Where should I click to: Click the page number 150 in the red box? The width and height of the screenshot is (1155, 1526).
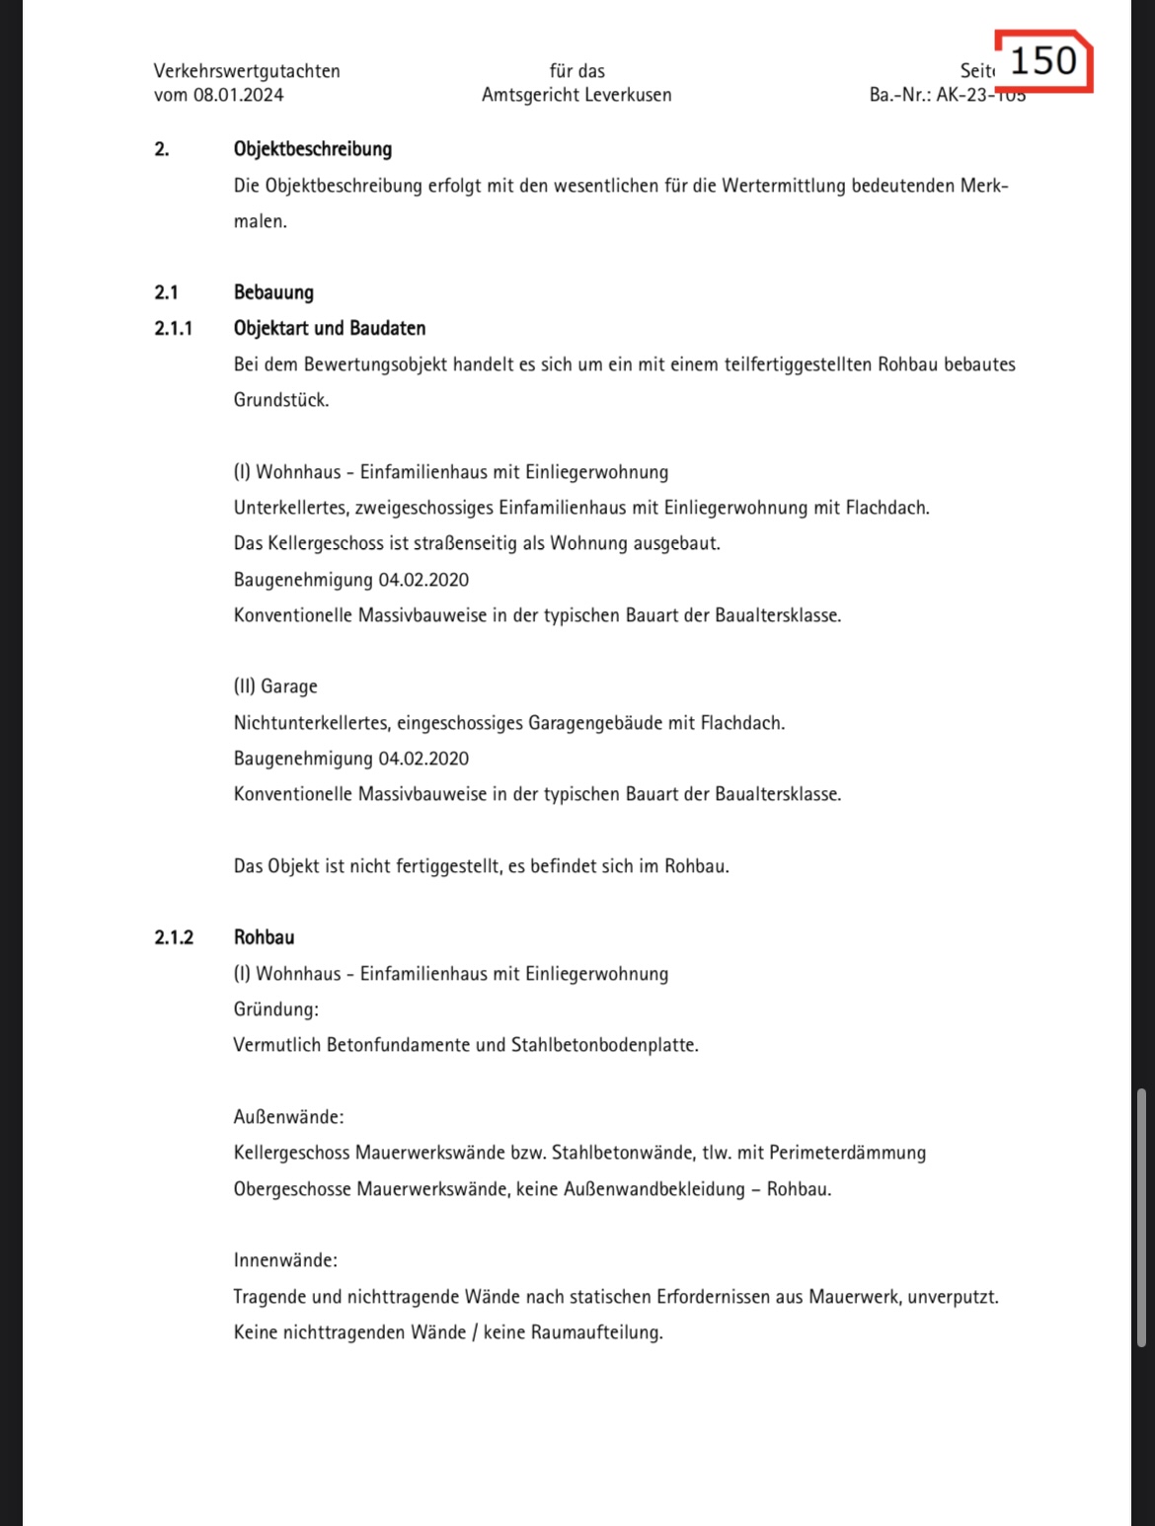[1043, 61]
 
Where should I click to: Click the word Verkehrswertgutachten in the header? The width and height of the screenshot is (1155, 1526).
[247, 71]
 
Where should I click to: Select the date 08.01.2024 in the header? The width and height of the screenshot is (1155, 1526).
[238, 95]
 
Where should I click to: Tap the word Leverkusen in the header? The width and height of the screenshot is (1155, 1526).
[628, 95]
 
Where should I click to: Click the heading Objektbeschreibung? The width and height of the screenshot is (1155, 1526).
[312, 149]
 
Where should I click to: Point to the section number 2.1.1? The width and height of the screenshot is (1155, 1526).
[174, 328]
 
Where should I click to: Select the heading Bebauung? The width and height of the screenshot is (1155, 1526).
[273, 292]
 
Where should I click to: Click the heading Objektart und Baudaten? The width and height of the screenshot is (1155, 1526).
[330, 328]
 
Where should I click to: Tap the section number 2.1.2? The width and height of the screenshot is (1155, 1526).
[174, 937]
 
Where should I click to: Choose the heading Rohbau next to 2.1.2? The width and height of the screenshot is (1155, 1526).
[264, 937]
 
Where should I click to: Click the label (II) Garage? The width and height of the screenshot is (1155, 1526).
[275, 686]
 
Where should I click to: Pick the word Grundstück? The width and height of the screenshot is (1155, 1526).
[280, 400]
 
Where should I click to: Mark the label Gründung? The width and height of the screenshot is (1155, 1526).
[275, 1009]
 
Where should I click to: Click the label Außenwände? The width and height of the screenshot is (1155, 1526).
[288, 1117]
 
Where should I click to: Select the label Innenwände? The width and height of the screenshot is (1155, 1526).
[285, 1260]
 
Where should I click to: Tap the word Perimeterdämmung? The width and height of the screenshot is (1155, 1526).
[847, 1153]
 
